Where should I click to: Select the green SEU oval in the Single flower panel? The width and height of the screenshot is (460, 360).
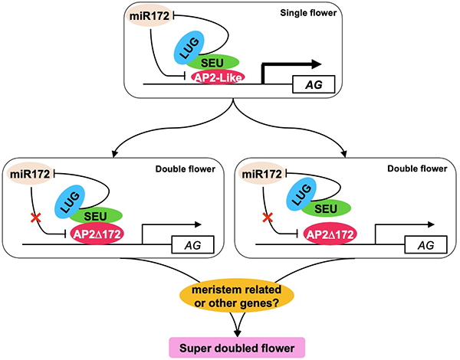point(219,61)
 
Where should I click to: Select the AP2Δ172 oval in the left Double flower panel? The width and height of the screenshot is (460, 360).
point(102,234)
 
